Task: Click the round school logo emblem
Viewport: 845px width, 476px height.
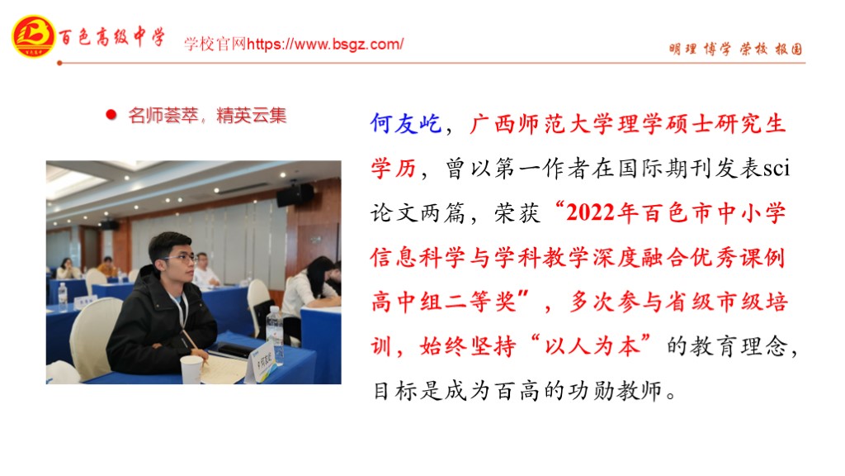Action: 33,36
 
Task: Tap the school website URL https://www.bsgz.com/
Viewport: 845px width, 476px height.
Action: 325,45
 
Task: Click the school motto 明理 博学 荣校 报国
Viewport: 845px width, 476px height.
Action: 735,49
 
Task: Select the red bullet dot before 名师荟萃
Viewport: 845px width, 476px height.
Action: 111,114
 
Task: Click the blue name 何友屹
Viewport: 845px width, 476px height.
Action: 406,124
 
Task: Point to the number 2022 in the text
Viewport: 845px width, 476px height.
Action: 590,212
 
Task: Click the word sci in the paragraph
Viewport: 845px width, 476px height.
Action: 777,169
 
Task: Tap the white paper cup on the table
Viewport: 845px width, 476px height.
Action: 191,369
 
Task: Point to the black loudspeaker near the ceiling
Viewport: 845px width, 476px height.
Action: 295,195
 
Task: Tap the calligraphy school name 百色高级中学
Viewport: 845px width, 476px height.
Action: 111,36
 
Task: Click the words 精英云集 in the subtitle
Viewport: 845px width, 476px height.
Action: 251,115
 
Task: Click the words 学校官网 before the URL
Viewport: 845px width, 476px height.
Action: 215,45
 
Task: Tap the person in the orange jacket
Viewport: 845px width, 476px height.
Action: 108,268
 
